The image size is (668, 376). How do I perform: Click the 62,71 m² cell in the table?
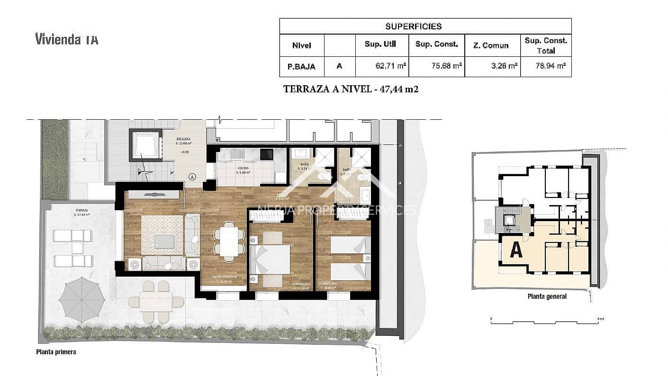pos(382,66)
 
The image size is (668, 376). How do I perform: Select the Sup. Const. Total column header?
pos(546,45)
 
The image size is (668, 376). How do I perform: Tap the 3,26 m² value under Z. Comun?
pos(492,66)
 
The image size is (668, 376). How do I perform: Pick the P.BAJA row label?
pos(302,66)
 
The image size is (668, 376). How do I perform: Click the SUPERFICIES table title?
pos(413,26)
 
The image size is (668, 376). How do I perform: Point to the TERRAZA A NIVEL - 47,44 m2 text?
pos(351,89)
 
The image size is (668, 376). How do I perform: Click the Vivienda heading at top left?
pos(66,39)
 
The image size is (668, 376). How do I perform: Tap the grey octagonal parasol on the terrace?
pos(81,298)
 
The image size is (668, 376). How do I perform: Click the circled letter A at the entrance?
pos(192,177)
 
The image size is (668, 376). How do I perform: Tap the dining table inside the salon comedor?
pos(228,242)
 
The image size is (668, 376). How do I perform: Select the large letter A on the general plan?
pos(515,250)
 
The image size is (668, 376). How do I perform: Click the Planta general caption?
pos(547,297)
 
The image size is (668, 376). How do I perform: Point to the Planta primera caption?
pos(56,352)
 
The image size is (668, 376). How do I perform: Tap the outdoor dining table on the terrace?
pos(156,302)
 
